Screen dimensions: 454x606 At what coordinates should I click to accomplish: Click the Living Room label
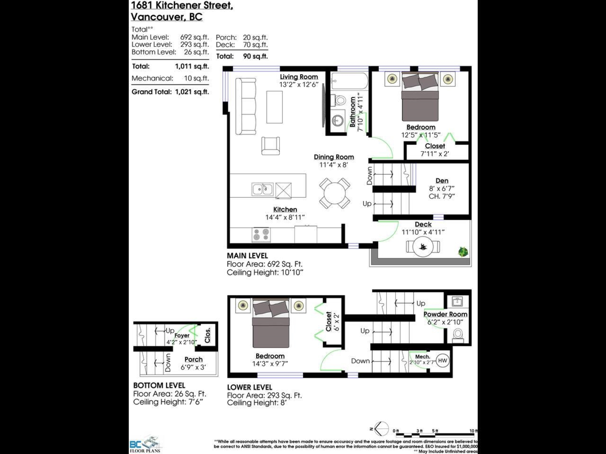[299, 77]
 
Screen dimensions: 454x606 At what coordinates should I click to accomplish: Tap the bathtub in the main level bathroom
[349, 81]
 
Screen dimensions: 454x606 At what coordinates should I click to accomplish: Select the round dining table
[334, 193]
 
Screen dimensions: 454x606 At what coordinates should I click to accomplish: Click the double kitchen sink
[263, 190]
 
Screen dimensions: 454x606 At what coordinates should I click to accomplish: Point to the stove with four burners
[261, 235]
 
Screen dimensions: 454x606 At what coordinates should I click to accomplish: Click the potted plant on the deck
[462, 251]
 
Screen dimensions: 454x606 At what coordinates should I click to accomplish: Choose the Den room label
[442, 181]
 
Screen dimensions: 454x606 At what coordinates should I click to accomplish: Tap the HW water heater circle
[442, 361]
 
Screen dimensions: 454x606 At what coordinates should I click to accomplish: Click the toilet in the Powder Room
[458, 334]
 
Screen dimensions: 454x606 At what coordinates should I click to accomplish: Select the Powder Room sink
[458, 302]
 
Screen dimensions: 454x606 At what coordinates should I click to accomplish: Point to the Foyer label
[182, 335]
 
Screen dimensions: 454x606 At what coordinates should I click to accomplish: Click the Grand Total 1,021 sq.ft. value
[191, 92]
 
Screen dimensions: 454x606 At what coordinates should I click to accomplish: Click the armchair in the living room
[270, 146]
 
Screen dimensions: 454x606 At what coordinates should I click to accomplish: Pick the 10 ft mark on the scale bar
[472, 431]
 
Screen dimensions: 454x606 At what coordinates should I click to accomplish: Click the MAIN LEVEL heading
[247, 256]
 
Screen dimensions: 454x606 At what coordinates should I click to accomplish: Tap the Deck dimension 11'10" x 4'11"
[423, 232]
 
